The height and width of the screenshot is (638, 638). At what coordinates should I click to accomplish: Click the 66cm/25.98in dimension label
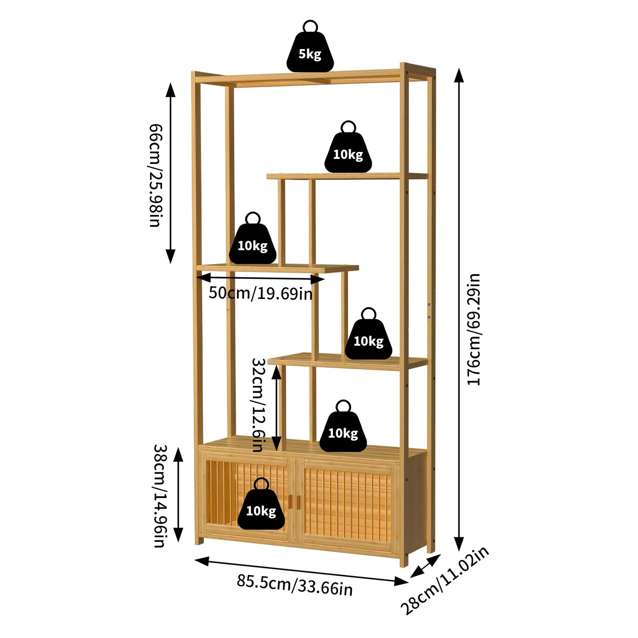click(x=155, y=175)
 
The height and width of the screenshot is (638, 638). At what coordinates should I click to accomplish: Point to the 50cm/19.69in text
click(x=260, y=293)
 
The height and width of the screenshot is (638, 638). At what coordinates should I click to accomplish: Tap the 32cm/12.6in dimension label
click(x=258, y=404)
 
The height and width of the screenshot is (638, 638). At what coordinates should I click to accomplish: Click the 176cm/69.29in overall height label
click(x=474, y=329)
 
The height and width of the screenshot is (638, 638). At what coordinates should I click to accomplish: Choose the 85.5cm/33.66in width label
click(x=294, y=585)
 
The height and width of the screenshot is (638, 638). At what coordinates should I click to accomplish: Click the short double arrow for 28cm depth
click(x=425, y=566)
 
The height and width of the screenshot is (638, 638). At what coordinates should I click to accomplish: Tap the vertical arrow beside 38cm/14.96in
click(x=178, y=495)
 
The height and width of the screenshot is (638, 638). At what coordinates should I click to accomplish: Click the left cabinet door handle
click(x=290, y=501)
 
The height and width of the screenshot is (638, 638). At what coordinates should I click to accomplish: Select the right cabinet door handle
click(x=298, y=501)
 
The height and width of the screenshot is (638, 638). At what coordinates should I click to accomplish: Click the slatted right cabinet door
click(x=347, y=501)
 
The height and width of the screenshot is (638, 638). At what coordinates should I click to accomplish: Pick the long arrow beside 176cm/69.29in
click(x=459, y=309)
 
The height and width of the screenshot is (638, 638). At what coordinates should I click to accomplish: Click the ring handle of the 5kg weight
click(x=310, y=26)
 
